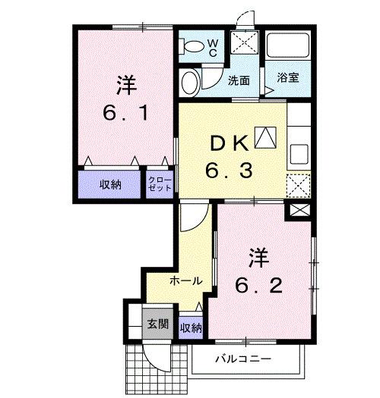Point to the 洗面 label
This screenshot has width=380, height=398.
pos(239,80)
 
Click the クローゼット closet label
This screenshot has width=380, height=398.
pos(159,183)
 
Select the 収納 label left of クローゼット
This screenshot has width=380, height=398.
pos(111,183)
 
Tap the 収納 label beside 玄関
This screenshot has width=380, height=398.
pos(192,327)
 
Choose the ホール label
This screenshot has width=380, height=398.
pos(185,280)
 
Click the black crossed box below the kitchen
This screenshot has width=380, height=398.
pos(299,211)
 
